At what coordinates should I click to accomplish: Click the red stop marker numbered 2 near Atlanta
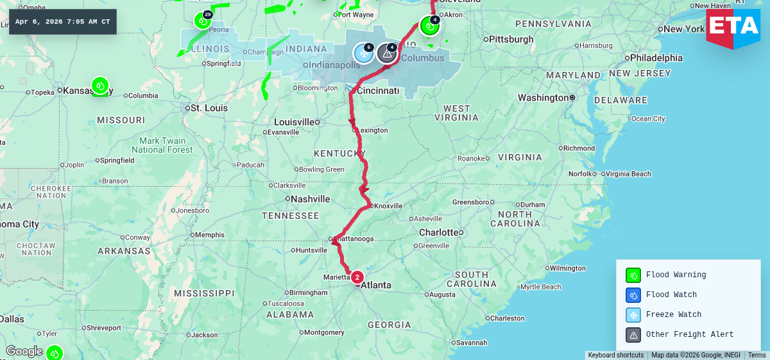coord(357,277)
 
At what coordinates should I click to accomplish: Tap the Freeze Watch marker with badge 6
coord(363,53)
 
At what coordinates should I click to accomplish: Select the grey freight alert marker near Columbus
coord(387,53)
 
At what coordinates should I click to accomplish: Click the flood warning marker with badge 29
coord(203,21)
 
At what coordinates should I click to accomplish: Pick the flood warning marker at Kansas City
coord(99,85)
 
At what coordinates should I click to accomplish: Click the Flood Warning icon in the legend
coord(633,275)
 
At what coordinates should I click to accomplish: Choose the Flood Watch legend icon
coord(633,295)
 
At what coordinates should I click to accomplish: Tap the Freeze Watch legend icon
coord(633,315)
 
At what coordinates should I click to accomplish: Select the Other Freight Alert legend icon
coord(633,335)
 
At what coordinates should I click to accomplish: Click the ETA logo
coord(733,28)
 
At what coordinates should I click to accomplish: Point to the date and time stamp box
coord(63,22)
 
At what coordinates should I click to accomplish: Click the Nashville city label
coord(311,199)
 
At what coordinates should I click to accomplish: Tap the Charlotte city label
coord(440,232)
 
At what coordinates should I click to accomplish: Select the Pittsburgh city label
coord(511,39)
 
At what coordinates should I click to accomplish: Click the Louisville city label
coord(294,122)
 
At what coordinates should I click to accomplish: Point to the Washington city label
coord(543,98)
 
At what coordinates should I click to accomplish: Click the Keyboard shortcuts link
coord(615,356)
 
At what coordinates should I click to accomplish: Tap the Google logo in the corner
coord(24,351)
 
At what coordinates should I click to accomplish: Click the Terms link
coord(757,356)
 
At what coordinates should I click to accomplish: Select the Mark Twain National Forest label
coord(162,145)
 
